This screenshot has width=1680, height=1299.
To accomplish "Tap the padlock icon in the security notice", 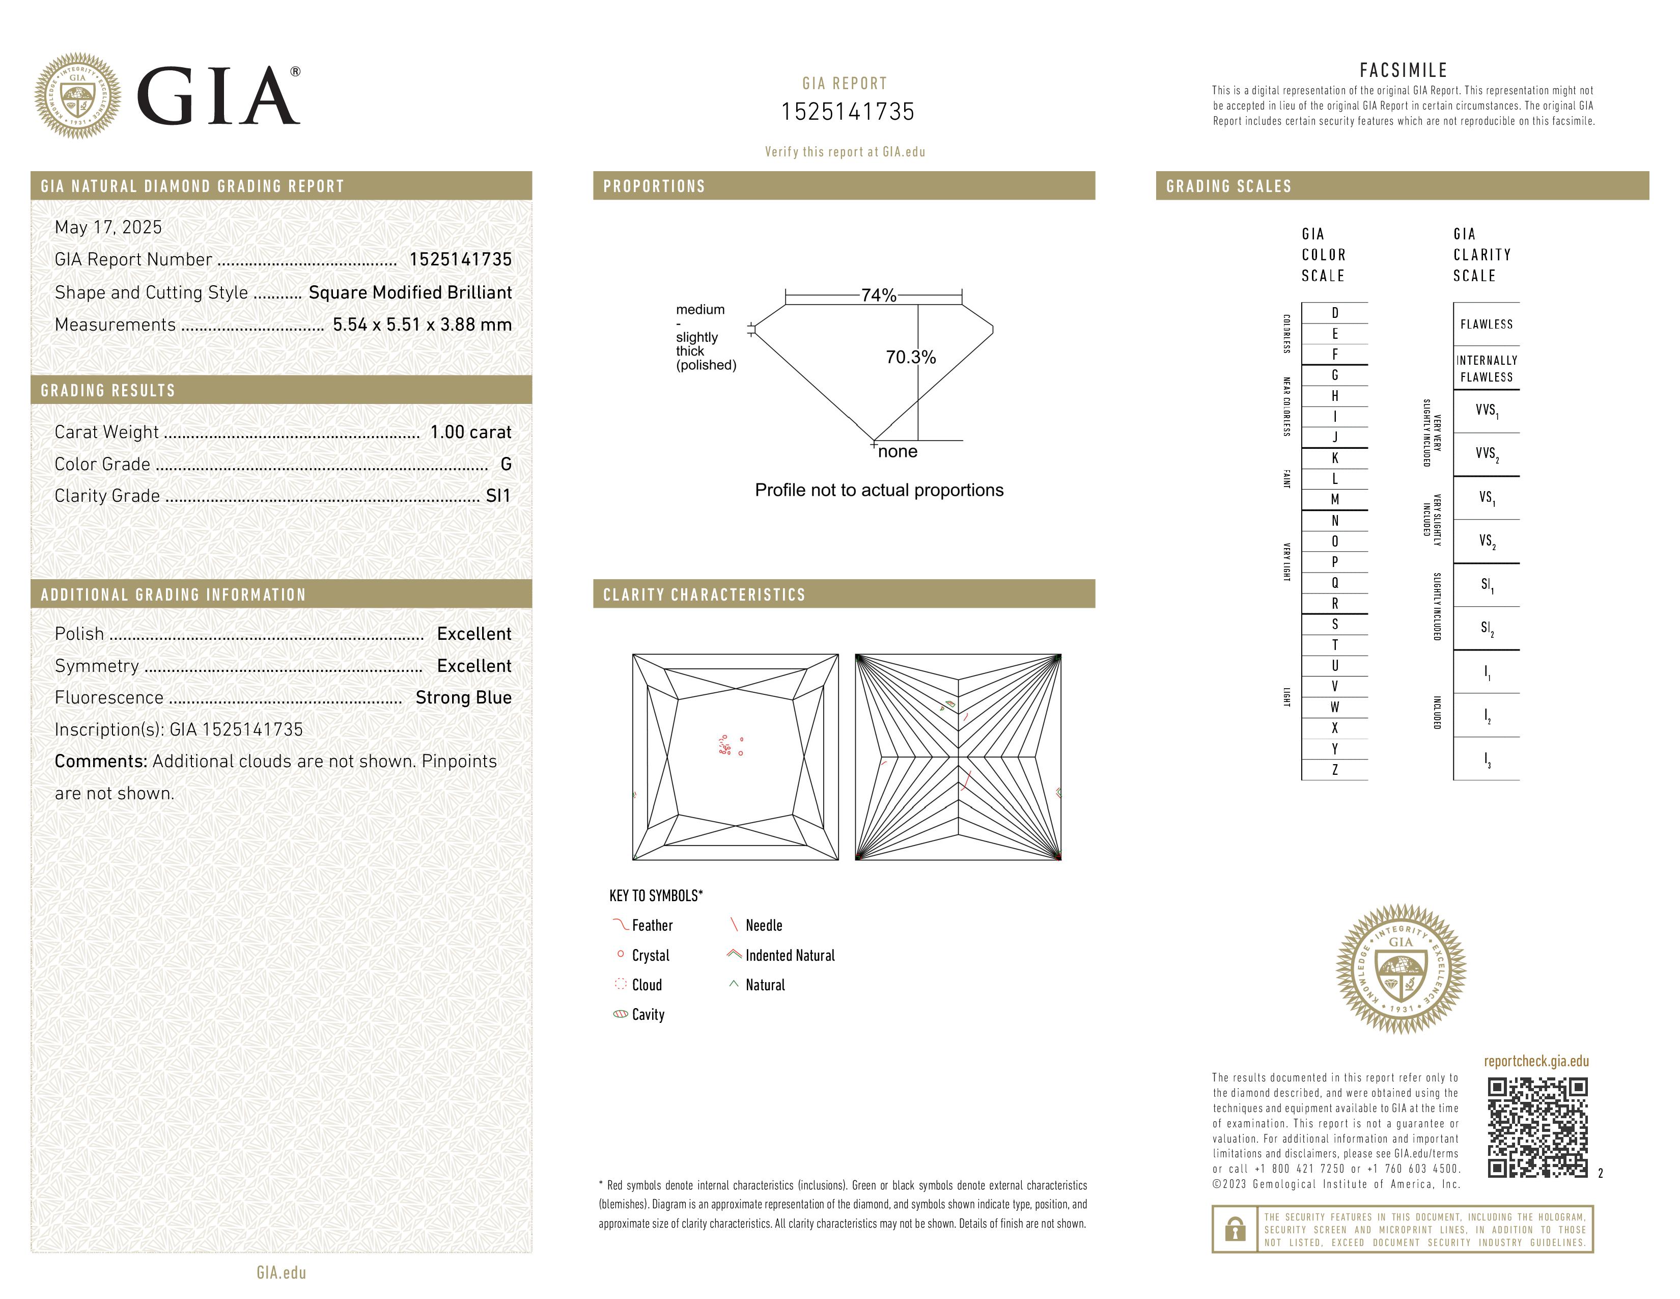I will pyautogui.click(x=1235, y=1229).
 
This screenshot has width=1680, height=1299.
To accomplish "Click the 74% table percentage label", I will pyautogui.click(x=879, y=295).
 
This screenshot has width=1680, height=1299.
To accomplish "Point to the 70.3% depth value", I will pyautogui.click(x=911, y=357).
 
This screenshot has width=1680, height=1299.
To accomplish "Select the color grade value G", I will pyautogui.click(x=506, y=464).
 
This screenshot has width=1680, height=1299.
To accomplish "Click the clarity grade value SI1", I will pyautogui.click(x=498, y=496).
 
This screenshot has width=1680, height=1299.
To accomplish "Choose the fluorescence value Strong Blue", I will pyautogui.click(x=463, y=698).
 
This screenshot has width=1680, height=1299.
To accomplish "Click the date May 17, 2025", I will pyautogui.click(x=108, y=228).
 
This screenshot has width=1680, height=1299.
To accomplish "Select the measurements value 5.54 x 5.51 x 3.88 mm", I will pyautogui.click(x=422, y=325).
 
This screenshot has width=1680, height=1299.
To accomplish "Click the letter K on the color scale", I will pyautogui.click(x=1335, y=458).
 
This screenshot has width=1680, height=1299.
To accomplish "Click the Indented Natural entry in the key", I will pyautogui.click(x=789, y=956).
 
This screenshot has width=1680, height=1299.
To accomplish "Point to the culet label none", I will pyautogui.click(x=897, y=452).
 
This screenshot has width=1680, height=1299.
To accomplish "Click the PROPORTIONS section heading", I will pyautogui.click(x=654, y=187).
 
